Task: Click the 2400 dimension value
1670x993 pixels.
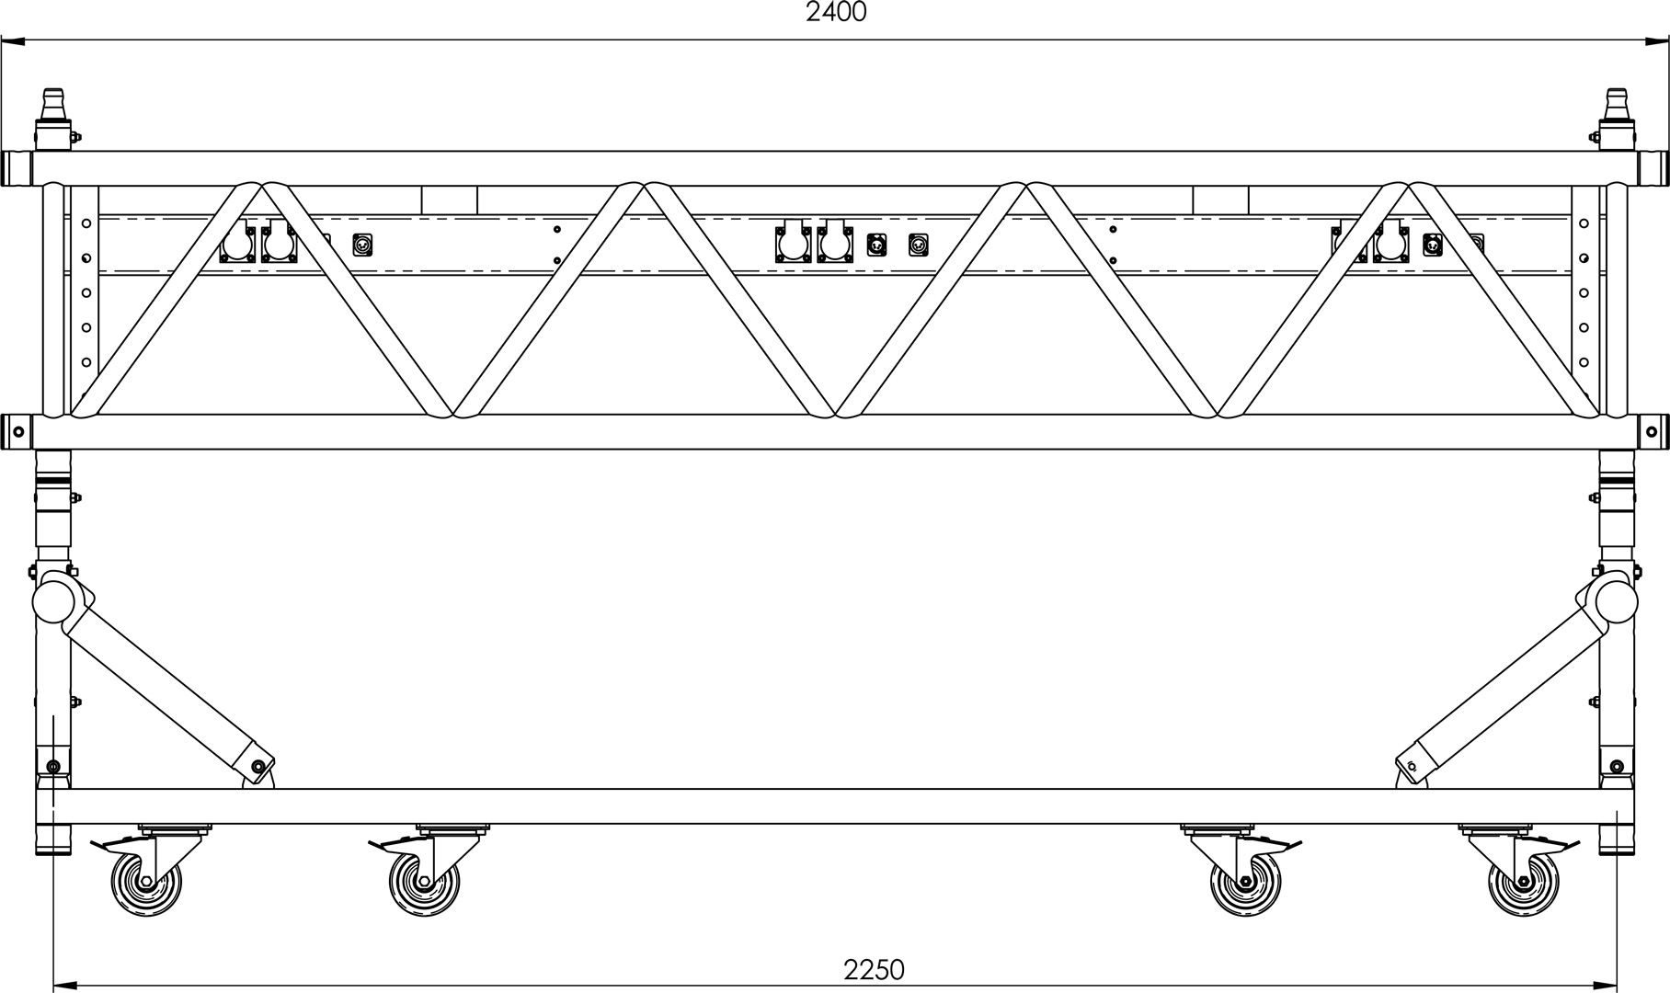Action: point(835,12)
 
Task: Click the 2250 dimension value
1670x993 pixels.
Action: point(874,970)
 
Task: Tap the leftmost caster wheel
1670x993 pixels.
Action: point(145,884)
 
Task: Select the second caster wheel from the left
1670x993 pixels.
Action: point(423,884)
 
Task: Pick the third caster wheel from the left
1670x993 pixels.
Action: point(1246,884)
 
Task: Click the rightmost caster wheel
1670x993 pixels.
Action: point(1524,884)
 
